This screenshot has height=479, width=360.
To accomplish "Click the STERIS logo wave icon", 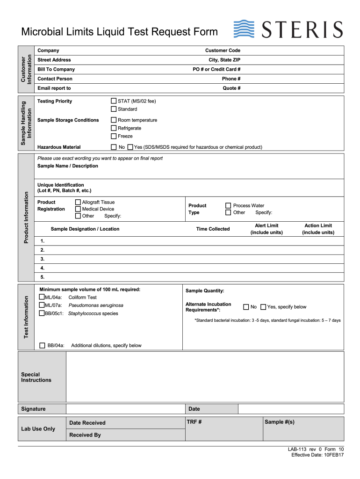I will click(x=244, y=29).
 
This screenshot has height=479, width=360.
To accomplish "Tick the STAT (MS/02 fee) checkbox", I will click(x=114, y=101).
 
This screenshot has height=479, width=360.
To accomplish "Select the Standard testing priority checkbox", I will click(x=114, y=109).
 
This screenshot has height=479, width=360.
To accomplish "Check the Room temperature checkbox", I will click(x=114, y=120).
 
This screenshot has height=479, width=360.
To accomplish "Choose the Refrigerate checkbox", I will click(x=114, y=128).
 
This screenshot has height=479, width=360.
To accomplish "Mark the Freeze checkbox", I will click(x=114, y=136).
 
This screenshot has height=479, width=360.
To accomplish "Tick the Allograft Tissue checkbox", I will click(x=78, y=203).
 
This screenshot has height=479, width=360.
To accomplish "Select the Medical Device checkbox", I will click(x=78, y=209).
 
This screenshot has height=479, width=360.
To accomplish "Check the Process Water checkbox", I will click(x=228, y=206).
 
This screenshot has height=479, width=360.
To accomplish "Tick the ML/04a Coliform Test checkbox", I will click(x=42, y=297).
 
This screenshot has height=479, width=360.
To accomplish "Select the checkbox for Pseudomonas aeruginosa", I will click(x=42, y=305).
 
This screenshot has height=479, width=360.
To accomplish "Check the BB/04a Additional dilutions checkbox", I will click(x=42, y=345).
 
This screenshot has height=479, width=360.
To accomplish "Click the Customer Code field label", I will click(x=223, y=51).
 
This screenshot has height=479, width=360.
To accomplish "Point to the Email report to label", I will click(x=54, y=88).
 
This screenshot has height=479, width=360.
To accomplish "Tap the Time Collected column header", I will click(x=213, y=229).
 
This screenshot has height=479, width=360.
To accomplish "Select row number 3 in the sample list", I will click(x=43, y=259).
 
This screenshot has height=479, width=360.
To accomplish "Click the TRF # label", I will click(x=194, y=422).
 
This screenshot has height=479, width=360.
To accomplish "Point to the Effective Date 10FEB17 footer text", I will click(x=317, y=455).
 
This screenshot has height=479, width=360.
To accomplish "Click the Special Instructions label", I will click(x=36, y=377).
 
